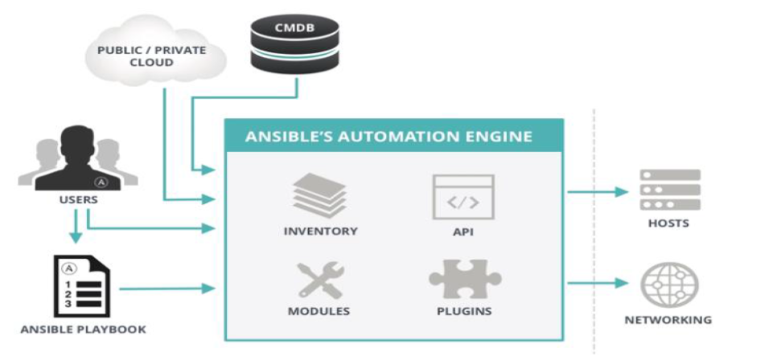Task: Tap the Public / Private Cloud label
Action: pyautogui.click(x=152, y=56)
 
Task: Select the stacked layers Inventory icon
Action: pyautogui.click(x=319, y=196)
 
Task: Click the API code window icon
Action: pyautogui.click(x=463, y=197)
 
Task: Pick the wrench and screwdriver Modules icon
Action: pyautogui.click(x=320, y=280)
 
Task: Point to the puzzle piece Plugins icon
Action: pyautogui.click(x=464, y=279)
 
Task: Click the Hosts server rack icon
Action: pyautogui.click(x=669, y=190)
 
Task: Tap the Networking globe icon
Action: pyautogui.click(x=669, y=284)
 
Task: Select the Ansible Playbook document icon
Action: pyautogui.click(x=81, y=286)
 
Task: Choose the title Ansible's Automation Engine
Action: pyautogui.click(x=389, y=136)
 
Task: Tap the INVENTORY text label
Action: pyautogui.click(x=321, y=231)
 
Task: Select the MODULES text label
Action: pyautogui.click(x=319, y=311)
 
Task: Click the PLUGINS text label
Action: pyautogui.click(x=464, y=311)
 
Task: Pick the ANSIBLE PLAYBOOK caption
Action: pyautogui.click(x=83, y=329)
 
